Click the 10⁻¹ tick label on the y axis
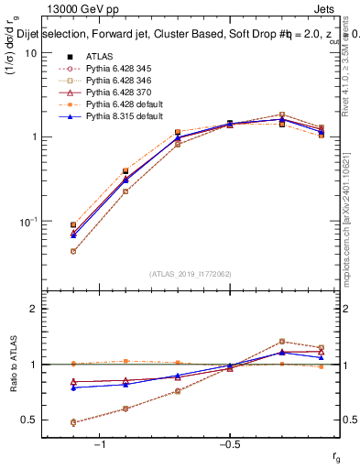click(x=27, y=222)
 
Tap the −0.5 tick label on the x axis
click(x=229, y=445)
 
